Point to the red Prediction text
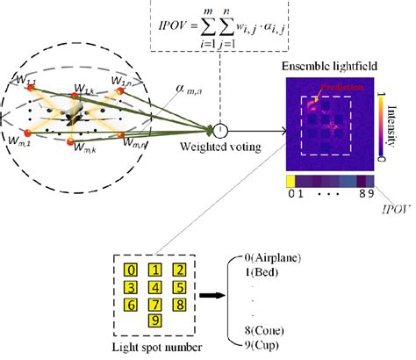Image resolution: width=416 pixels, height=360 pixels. [x=338, y=88]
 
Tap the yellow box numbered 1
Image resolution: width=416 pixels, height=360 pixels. [x=154, y=270]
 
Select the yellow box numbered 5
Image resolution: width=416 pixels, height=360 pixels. [x=178, y=287]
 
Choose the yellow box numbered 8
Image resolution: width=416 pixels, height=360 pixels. [x=178, y=305]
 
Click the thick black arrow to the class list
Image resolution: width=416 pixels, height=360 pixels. [x=211, y=297]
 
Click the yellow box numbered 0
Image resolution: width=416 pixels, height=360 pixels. [x=131, y=270]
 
